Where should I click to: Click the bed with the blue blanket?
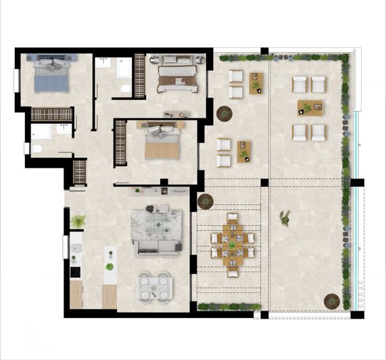[x=52, y=74]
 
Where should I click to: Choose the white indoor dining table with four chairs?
[x=154, y=286]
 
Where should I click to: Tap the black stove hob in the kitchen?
[x=75, y=272]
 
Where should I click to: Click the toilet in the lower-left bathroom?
[x=38, y=148]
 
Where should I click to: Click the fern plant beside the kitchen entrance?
[x=79, y=221]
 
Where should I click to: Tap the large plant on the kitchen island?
[x=110, y=267]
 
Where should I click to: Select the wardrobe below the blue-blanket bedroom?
[x=51, y=114]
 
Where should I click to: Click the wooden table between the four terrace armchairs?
[x=309, y=108]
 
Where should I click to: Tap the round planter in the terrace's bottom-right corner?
[x=331, y=300]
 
